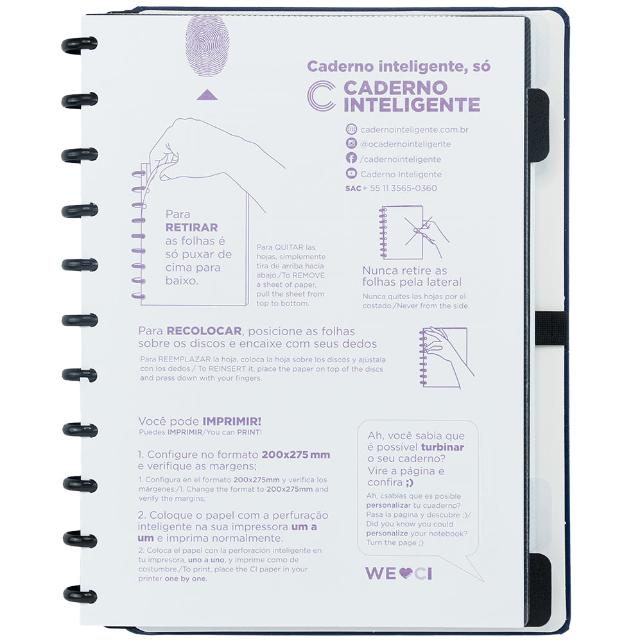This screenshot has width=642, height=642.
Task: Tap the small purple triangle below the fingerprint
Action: (207, 95)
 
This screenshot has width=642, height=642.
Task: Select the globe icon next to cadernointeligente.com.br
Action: (351, 129)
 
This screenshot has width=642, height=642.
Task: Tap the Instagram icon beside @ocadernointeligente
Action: (351, 144)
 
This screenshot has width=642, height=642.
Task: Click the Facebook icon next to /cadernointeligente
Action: (351, 159)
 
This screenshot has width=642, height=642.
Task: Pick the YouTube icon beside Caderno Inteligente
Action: (351, 173)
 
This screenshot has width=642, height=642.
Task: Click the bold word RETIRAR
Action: (191, 227)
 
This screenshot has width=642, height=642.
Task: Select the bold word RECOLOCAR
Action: (204, 331)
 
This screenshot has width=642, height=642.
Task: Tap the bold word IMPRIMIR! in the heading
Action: (232, 421)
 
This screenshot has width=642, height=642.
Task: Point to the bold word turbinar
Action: (442, 447)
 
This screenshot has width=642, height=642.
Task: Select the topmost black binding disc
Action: (79, 44)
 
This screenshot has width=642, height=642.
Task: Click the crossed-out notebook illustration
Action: (413, 231)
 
